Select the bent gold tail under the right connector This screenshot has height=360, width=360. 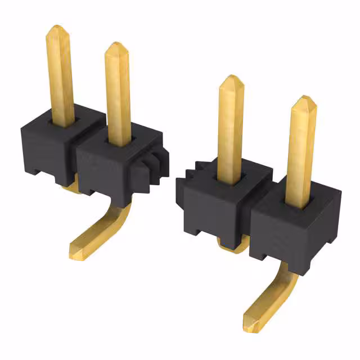point(270,298)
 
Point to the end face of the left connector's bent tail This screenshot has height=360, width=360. point(75,251)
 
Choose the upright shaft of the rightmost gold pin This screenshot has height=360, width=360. point(301,152)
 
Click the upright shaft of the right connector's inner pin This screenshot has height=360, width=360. point(230,129)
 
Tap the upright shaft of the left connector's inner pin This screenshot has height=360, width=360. point(118,96)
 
